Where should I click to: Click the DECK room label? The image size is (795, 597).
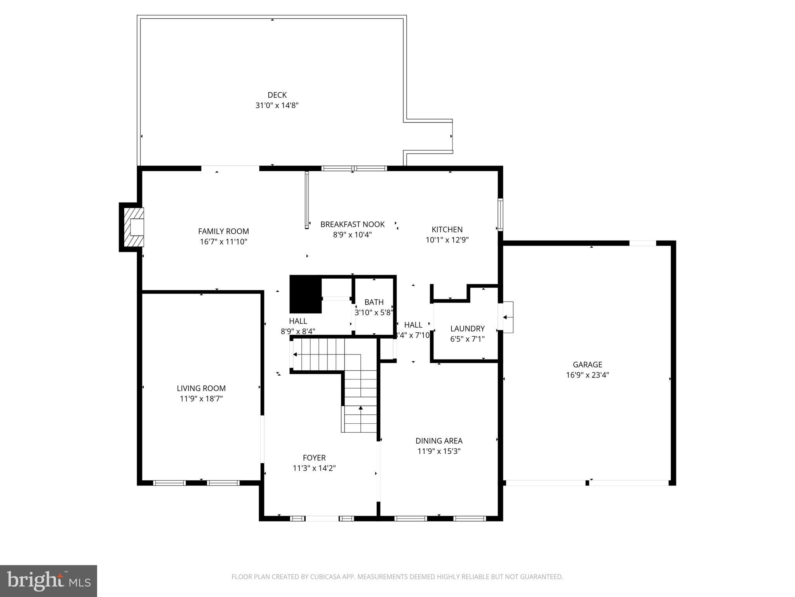point(277,95)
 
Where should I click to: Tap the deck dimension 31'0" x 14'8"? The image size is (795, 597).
point(277,105)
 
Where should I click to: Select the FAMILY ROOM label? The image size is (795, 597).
point(223,231)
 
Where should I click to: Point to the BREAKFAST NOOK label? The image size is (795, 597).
point(352,224)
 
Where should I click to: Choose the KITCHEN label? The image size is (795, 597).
point(447,229)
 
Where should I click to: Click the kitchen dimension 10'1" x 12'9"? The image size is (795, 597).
point(447,240)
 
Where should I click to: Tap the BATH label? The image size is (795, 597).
point(374,302)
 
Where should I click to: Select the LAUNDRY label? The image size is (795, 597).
point(467,328)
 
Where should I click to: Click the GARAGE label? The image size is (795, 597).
point(587,365)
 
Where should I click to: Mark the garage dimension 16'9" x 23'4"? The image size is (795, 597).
point(587,375)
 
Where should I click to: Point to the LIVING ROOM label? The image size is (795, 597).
point(201,388)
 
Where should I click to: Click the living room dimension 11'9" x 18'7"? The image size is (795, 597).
point(201,398)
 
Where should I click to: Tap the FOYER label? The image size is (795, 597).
point(314,458)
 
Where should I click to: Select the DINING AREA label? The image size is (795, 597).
point(439,441)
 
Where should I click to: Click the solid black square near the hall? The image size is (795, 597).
point(305,294)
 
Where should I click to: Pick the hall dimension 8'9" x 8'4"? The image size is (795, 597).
point(298,332)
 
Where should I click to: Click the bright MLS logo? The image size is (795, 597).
point(49,581)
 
